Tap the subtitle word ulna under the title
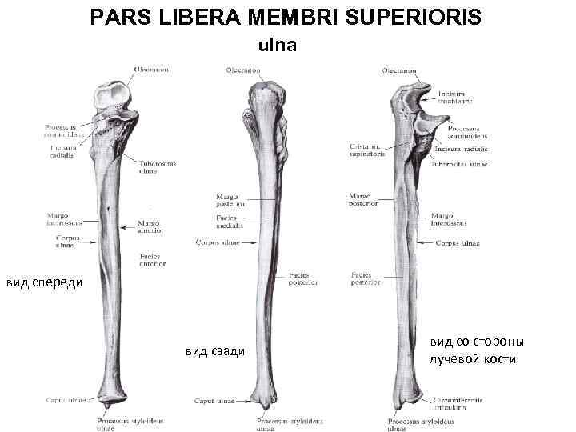[276, 46]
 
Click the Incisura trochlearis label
[454, 97]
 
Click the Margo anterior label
[150, 226]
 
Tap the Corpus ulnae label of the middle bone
[218, 241]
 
